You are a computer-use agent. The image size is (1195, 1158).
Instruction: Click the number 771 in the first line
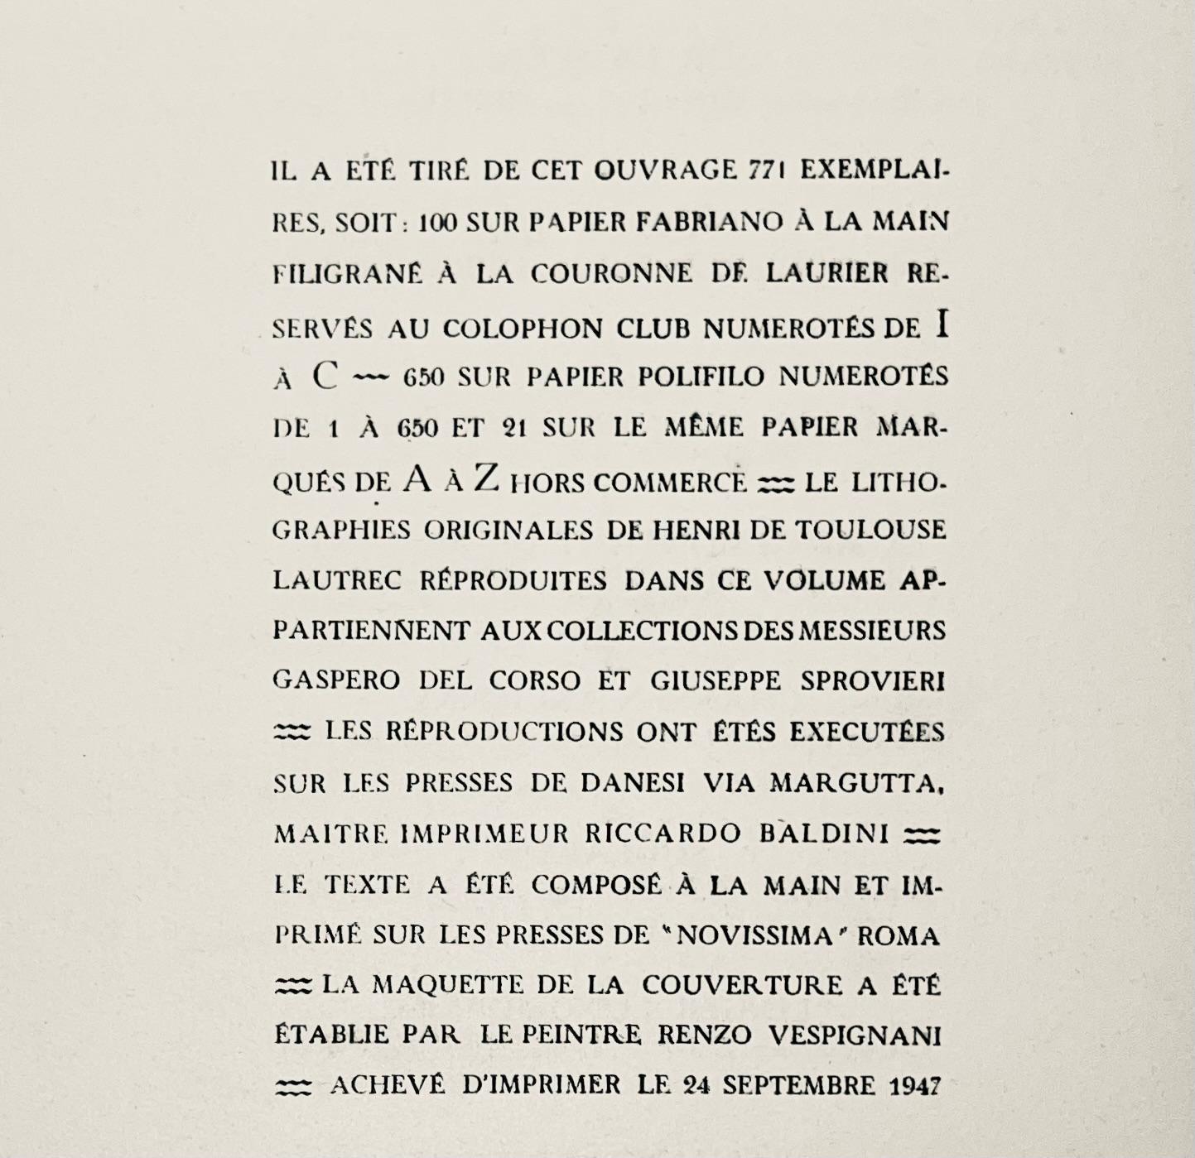coord(767,171)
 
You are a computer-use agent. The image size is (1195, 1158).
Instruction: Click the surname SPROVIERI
coord(873,680)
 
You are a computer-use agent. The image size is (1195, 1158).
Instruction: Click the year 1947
coord(914,1085)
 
